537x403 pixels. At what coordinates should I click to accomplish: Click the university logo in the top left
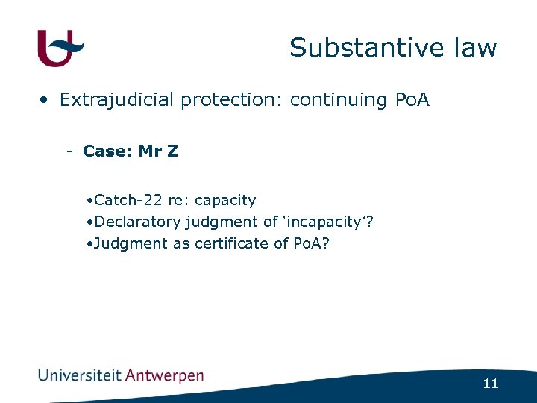click(x=60, y=49)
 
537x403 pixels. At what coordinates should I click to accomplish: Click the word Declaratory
click(x=137, y=222)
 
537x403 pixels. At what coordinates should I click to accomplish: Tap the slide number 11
click(x=490, y=384)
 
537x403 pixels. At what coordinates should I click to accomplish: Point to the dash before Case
click(x=69, y=151)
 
